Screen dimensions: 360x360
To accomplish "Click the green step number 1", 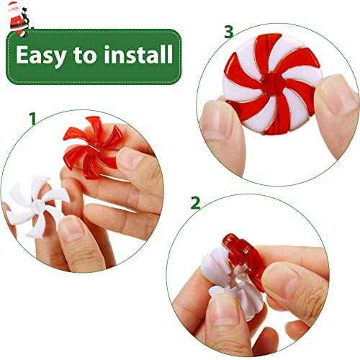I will pyautogui.click(x=32, y=117).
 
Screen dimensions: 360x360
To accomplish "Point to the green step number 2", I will pyautogui.click(x=195, y=203).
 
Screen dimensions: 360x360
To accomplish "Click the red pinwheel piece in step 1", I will pyautogui.click(x=86, y=147).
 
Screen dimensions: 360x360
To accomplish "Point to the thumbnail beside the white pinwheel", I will pyautogui.click(x=71, y=228).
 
